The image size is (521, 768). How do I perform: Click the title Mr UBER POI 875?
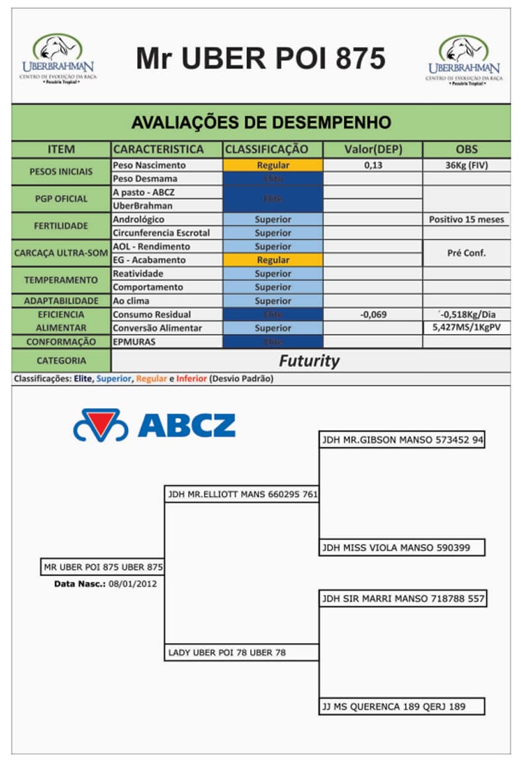[x=260, y=58]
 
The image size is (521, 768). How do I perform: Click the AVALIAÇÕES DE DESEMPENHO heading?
[x=261, y=122]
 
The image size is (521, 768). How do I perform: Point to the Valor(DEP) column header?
[x=373, y=149]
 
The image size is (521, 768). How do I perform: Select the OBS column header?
[x=466, y=149]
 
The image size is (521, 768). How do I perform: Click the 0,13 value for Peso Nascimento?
[x=373, y=165]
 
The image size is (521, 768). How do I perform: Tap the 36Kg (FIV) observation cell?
[x=466, y=165]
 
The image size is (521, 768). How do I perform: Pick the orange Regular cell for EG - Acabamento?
[x=273, y=260]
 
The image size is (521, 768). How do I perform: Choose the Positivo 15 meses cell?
[x=466, y=220]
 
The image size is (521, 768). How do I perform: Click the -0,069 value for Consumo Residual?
[x=373, y=314]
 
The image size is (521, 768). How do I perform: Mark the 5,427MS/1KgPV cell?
[x=466, y=327]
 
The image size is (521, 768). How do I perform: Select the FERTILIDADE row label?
[x=61, y=226]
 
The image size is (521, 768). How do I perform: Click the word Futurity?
[x=308, y=361]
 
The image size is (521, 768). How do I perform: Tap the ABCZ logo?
[x=154, y=425]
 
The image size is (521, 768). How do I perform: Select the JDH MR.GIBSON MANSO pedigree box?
[x=402, y=440]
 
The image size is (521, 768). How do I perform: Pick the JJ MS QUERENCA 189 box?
[x=402, y=706]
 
